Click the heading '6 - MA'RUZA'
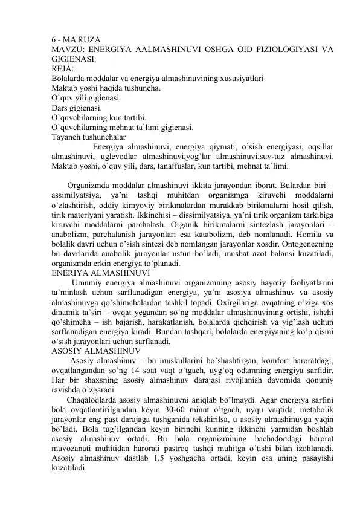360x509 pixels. (76, 40)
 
